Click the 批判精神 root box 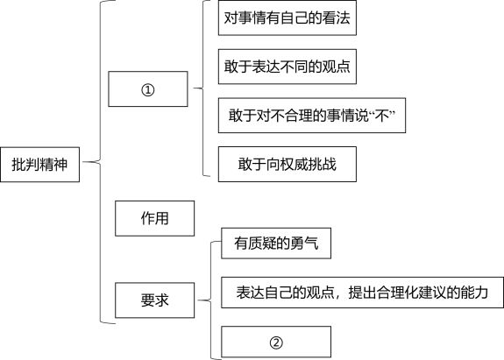39,165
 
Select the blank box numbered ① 148,89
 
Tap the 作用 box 154,218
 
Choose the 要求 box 154,300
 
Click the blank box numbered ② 276,342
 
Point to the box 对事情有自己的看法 287,18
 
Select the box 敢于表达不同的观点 287,67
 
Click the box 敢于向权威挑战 287,164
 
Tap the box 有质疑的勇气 276,244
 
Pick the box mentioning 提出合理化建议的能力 362,293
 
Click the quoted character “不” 382,116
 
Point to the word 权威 295,164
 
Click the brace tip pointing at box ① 194,88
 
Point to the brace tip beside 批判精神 83,162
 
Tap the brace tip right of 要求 198,300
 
